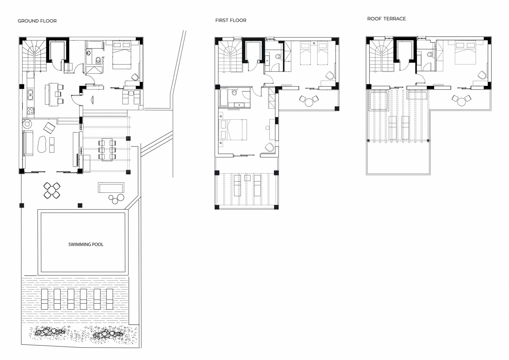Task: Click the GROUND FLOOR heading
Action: (37, 21)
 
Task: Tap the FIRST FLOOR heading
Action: (231, 20)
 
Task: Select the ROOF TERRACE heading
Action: (387, 19)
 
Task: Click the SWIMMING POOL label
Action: (86, 244)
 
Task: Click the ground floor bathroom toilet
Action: (98, 60)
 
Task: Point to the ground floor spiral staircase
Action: (34, 56)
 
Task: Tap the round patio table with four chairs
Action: (52, 190)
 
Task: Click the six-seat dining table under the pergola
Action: (107, 149)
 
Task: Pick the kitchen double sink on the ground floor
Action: (30, 94)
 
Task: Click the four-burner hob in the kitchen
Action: (30, 111)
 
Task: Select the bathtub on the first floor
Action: (224, 97)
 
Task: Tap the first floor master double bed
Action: (233, 130)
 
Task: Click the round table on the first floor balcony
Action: (309, 102)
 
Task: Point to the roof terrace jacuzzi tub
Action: (379, 101)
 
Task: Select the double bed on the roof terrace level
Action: (465, 52)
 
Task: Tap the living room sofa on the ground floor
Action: (28, 143)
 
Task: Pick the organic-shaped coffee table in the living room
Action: (42, 144)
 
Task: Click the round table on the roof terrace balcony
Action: (462, 102)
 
